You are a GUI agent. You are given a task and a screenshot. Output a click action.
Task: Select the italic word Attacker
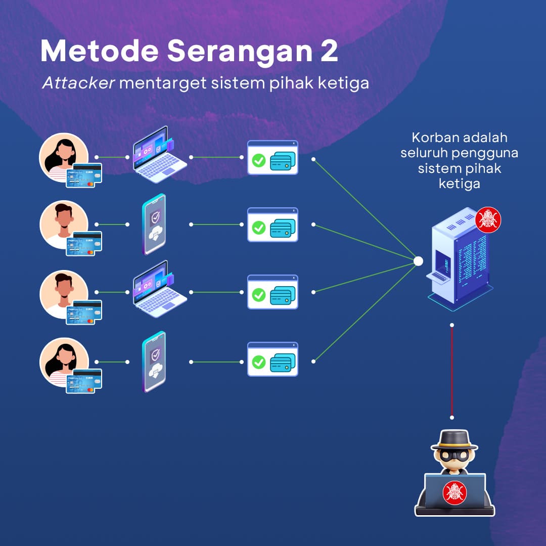(78, 83)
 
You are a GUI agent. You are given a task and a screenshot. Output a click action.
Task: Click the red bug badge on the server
(488, 220)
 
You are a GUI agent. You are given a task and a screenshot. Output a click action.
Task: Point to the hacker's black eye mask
(454, 456)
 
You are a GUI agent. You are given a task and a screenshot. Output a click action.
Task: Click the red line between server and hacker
(452, 371)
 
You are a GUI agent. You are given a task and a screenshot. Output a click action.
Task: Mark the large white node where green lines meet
(418, 261)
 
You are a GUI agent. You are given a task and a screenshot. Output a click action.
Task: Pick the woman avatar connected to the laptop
(64, 157)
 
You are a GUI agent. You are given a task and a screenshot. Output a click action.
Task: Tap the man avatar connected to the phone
(64, 224)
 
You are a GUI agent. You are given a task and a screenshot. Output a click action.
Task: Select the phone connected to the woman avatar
(154, 361)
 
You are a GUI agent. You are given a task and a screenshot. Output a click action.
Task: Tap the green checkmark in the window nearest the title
(258, 161)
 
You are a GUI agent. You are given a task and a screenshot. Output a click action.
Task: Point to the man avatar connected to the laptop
(64, 293)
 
